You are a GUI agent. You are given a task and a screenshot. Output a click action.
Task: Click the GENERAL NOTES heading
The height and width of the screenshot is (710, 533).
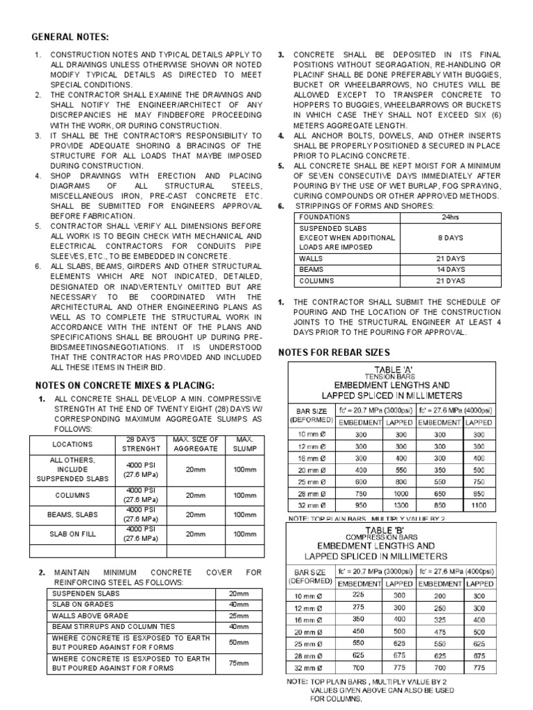pos(71,37)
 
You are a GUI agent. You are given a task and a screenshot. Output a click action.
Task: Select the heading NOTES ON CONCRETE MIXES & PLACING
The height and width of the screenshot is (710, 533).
pos(125,385)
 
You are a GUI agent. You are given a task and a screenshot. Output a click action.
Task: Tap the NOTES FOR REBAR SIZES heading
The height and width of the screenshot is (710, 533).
pos(334,352)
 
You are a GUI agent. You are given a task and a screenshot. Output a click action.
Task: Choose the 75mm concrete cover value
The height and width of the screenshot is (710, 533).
pos(239,664)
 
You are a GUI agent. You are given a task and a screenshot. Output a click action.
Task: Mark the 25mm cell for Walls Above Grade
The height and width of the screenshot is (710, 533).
pos(239,616)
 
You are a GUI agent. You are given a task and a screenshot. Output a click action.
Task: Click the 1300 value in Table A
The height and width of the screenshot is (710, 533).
pos(401,506)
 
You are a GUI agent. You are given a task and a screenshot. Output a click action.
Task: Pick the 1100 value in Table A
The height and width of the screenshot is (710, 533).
pos(479,506)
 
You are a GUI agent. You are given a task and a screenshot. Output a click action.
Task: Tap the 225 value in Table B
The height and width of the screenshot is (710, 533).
pos(359,594)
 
